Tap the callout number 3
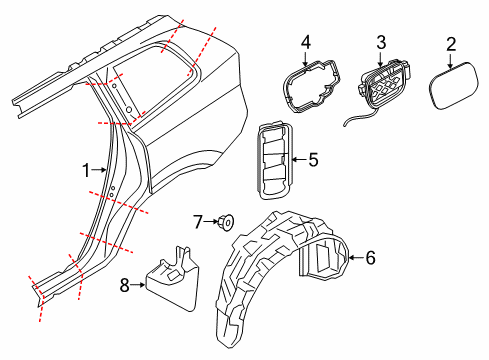tap(381, 42)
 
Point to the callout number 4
tap(307, 42)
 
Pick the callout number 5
tap(313, 158)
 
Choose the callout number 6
tap(369, 258)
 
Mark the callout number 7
tap(198, 219)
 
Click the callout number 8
tap(125, 286)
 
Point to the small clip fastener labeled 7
tap(226, 220)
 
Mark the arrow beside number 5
tap(299, 158)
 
